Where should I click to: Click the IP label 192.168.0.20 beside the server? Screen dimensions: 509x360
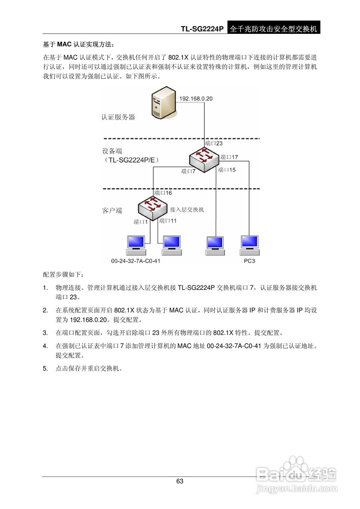196,99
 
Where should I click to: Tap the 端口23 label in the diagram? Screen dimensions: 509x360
214,143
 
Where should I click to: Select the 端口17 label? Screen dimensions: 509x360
229,157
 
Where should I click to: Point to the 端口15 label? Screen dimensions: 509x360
227,170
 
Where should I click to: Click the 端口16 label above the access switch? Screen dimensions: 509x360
163,193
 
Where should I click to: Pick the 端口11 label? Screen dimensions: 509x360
167,221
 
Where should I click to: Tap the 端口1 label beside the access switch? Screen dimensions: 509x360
140,221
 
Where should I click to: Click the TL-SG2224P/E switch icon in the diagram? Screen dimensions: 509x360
204,160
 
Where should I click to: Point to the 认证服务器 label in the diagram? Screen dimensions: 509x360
118,117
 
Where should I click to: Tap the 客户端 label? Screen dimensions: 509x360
112,211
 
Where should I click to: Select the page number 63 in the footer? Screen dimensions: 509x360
180,482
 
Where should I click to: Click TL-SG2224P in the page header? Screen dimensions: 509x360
202,29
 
